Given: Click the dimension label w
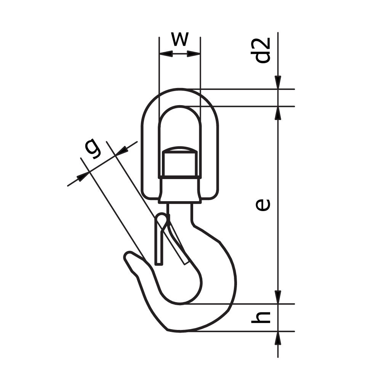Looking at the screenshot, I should point(179,39).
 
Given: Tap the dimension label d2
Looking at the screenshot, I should point(263,50).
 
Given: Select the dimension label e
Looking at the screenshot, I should point(263,204).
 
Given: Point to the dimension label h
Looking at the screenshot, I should point(262,317).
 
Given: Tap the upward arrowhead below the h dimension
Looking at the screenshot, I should point(278,338).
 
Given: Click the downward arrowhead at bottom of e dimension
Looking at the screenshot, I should point(278,298).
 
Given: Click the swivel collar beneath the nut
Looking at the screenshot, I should point(179,189).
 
